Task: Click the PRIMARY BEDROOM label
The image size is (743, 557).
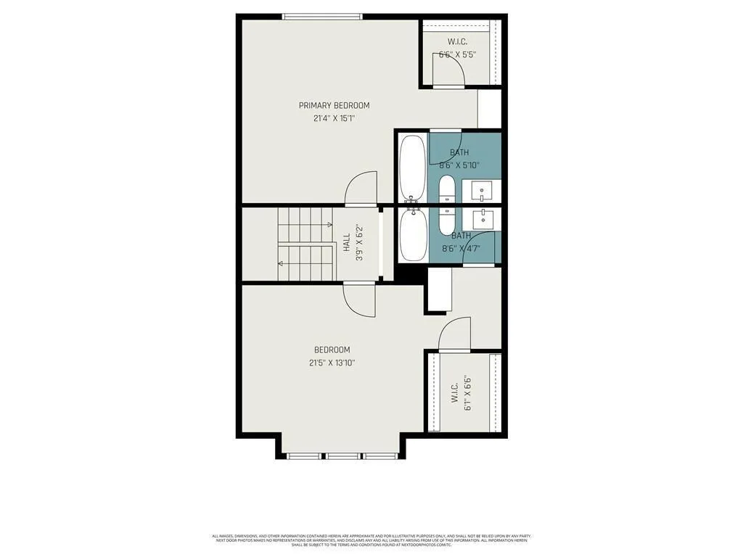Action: coord(334,105)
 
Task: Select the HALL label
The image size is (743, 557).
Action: coord(347,237)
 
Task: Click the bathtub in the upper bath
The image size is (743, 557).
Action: coord(412,168)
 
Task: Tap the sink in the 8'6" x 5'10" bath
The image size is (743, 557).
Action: coord(482,191)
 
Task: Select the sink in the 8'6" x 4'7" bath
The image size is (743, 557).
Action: coord(482,218)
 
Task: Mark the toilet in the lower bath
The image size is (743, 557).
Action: coord(447,221)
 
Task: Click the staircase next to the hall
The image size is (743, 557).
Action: coord(305,244)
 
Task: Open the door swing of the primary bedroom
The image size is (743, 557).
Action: coord(362,189)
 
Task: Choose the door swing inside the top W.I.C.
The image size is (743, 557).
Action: coord(448,71)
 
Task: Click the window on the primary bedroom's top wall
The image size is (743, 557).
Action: coord(322,17)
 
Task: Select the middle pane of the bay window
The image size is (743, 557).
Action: coord(341,456)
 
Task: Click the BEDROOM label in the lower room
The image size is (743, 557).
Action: coord(332,350)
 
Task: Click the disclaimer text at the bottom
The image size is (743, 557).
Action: coord(371,540)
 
